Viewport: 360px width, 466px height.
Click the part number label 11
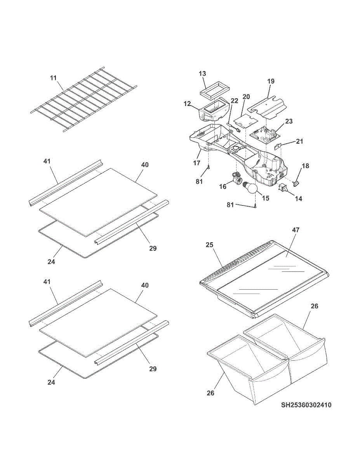53,78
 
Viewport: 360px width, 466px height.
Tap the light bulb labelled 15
251,189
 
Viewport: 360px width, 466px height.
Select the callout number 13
202,73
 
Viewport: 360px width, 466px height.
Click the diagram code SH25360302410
306,405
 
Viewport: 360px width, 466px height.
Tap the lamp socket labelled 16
236,177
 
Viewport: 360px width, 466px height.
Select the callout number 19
271,81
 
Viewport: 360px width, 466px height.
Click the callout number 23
289,121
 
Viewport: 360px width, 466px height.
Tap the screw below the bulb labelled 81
255,206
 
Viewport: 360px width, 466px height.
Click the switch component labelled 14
283,188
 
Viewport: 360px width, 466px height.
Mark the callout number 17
197,163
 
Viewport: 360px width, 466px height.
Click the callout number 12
188,104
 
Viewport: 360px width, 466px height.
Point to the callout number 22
234,100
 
